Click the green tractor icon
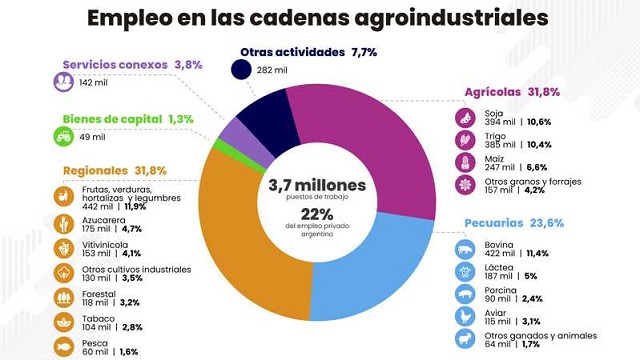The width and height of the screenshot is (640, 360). (x=64, y=136)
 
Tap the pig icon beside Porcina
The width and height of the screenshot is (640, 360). (x=465, y=294)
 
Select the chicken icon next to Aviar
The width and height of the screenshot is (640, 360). (x=465, y=317)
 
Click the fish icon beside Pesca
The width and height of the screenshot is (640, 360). (x=64, y=347)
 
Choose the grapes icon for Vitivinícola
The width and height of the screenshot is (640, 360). (x=64, y=249)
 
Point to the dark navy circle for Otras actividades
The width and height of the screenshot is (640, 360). (x=241, y=69)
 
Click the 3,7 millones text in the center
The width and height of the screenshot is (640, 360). (x=317, y=185)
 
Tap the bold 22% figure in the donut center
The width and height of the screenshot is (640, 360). (x=317, y=214)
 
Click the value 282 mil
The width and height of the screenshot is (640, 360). (x=272, y=70)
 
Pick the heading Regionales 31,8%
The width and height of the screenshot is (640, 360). (x=115, y=171)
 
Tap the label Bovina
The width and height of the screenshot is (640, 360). (x=499, y=245)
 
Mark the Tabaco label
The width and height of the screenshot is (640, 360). (x=98, y=319)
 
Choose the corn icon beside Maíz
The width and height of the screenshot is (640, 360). (x=465, y=162)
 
